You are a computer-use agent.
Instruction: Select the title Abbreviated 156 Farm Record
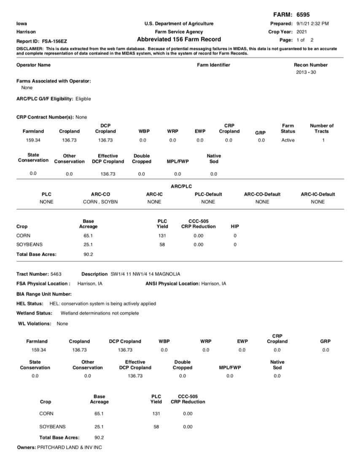179,40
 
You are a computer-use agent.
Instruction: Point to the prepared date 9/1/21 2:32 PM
312,24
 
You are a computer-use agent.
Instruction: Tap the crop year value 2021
302,32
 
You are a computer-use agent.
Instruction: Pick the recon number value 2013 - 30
306,72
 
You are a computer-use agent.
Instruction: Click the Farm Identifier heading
213,65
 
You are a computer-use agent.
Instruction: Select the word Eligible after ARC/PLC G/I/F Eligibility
83,99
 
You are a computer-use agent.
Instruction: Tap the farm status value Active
288,140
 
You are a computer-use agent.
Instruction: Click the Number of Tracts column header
322,128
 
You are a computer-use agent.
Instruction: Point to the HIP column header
235,227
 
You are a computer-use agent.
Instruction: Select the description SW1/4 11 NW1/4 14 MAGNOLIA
145,274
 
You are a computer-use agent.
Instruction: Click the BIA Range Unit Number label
43,294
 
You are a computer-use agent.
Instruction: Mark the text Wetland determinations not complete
99,313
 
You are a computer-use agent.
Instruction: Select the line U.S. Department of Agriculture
179,24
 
